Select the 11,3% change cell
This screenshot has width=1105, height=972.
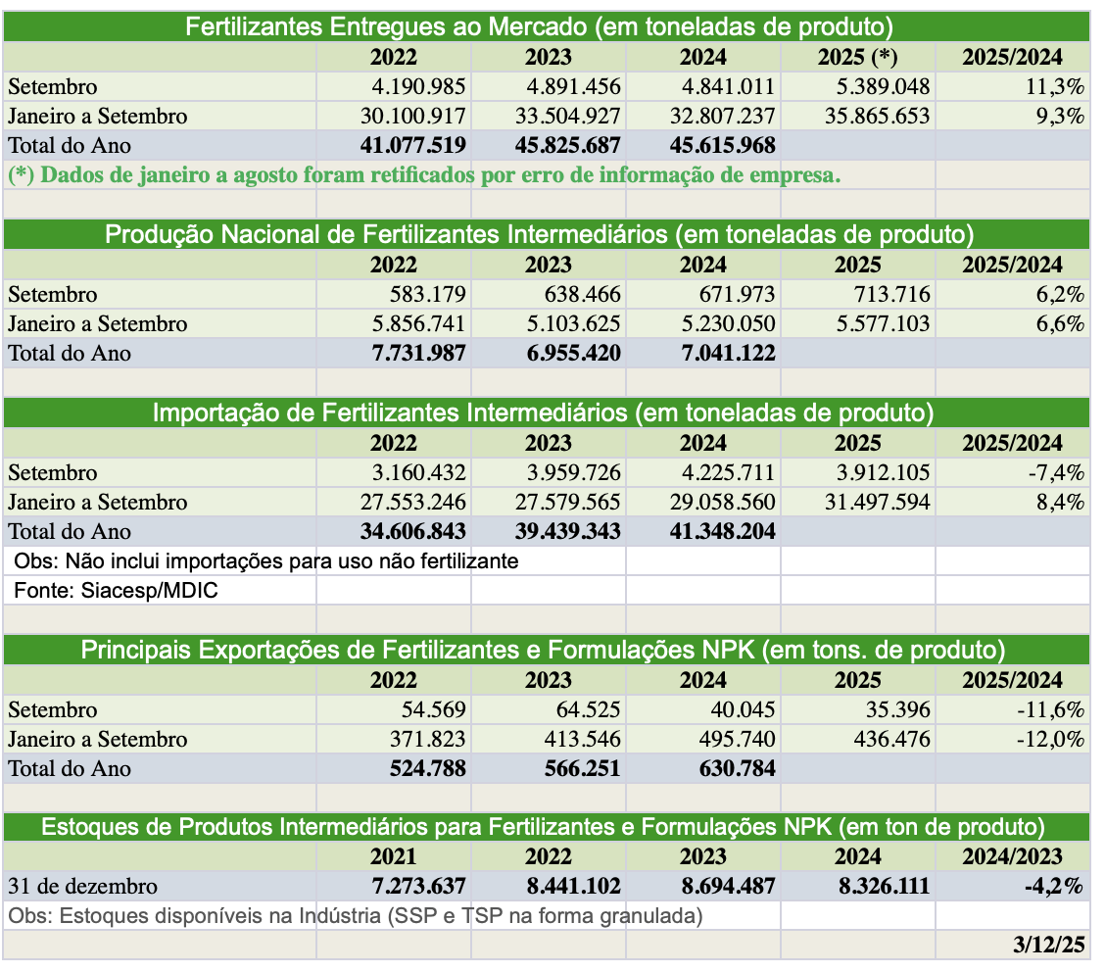pos(1054,86)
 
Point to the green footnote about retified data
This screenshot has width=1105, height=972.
pos(424,175)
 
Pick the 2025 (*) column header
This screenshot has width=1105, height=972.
pos(858,57)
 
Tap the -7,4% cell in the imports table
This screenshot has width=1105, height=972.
pos(1056,472)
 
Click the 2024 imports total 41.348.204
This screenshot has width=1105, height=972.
pos(722,531)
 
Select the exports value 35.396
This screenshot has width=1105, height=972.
pos(897,709)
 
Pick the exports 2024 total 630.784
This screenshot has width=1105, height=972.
pos(737,768)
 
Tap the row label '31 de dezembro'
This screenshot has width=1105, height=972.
pos(82,886)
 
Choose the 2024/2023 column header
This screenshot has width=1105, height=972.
pos(1012,856)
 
